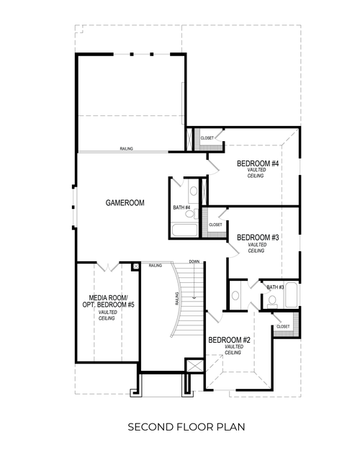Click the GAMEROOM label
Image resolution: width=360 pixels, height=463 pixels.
tap(125, 203)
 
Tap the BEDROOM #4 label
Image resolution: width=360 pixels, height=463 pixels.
tap(258, 164)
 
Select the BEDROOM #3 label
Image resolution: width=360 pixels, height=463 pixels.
tap(258, 238)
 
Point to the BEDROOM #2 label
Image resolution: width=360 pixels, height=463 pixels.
tap(229, 340)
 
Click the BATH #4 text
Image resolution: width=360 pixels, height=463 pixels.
tap(181, 208)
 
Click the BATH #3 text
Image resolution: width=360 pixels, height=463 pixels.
tap(276, 287)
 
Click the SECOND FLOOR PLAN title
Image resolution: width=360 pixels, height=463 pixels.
tap(186, 427)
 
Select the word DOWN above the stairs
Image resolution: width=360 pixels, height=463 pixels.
tap(194, 261)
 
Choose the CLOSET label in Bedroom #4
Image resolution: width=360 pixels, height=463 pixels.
tap(207, 138)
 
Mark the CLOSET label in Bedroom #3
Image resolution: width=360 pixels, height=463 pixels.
tap(215, 225)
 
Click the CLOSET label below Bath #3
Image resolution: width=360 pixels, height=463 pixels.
tap(283, 326)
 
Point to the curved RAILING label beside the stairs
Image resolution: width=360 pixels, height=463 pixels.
tap(176, 297)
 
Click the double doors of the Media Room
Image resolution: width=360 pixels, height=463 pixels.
tap(107, 268)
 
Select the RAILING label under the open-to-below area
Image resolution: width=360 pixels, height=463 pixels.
tap(127, 148)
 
